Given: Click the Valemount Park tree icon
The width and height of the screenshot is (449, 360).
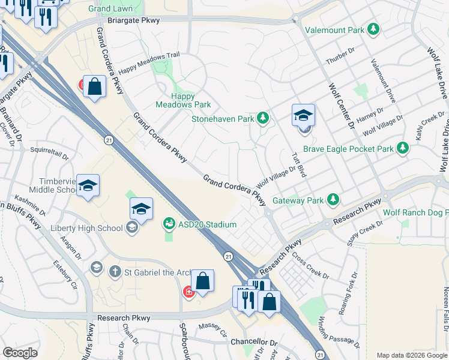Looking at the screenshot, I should coord(373,29).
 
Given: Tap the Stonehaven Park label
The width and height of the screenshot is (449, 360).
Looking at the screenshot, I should coord(223,119).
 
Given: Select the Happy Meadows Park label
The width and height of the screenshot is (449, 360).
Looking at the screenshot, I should coord(183,100).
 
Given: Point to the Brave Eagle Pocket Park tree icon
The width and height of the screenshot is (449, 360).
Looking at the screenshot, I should coord(403,148).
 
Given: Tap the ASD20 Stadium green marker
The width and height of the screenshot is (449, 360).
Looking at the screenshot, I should coord(169,224).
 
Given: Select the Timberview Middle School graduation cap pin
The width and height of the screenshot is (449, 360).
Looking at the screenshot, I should coord(88,186).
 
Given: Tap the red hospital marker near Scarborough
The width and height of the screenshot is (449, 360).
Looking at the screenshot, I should coord(188,292).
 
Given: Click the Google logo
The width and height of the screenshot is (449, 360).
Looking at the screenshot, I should coord(20,353).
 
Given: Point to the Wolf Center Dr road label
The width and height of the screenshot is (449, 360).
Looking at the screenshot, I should coord(342,106).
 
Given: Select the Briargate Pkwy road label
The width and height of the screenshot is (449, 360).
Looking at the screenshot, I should coord(139,20).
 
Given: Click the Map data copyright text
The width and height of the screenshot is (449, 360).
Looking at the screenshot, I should coord(412,355).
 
